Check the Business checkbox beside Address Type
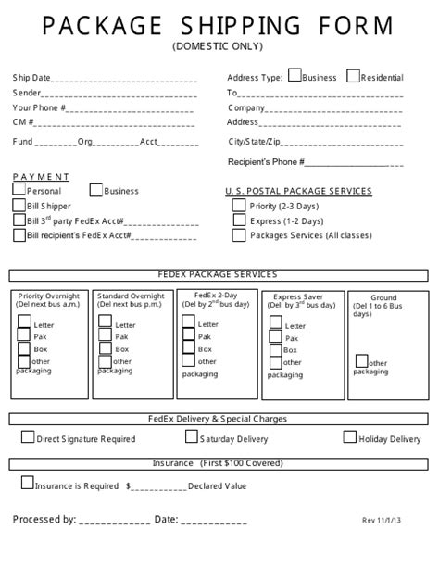[x=295, y=77]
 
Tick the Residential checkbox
[x=353, y=77]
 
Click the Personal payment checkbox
[x=19, y=190]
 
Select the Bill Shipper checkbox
[x=19, y=205]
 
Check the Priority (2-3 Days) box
[x=239, y=206]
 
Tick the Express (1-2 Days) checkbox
[x=239, y=220]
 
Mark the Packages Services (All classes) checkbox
[x=239, y=235]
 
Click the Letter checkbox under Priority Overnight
[x=24, y=322]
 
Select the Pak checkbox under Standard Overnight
[x=105, y=335]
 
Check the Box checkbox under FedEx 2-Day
[x=188, y=348]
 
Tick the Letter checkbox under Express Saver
[x=275, y=323]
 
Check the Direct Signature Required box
[x=28, y=437]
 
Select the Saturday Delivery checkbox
[x=192, y=437]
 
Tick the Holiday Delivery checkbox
[x=349, y=436]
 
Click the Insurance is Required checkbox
[x=27, y=483]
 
